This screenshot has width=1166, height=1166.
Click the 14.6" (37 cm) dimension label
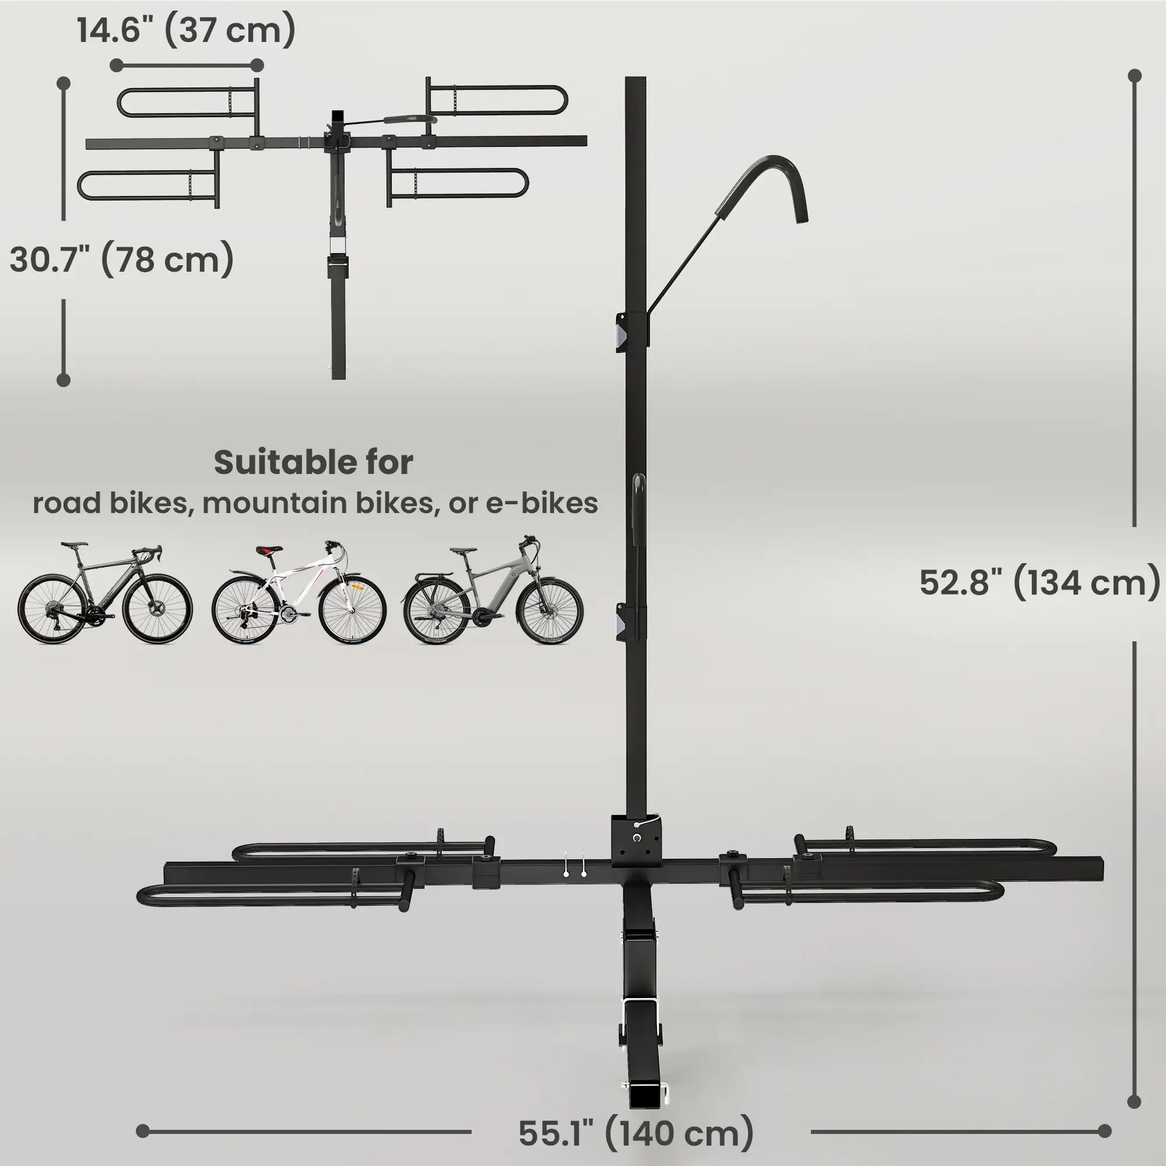click(x=187, y=30)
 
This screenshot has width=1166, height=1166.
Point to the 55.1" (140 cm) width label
click(x=636, y=1133)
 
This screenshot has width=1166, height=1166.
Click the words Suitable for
click(x=313, y=463)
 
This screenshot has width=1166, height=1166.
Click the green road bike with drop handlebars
click(x=105, y=594)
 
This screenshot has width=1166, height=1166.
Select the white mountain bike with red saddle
click(x=298, y=594)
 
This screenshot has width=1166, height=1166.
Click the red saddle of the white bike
click(x=269, y=550)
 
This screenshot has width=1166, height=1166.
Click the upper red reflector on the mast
click(x=622, y=332)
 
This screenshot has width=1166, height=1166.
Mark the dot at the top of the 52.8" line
click(x=1135, y=76)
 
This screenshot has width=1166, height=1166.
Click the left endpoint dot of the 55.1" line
click(x=143, y=1131)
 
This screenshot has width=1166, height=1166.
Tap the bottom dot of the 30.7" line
click(x=64, y=380)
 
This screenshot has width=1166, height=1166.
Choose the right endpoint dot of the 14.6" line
click(x=257, y=65)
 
